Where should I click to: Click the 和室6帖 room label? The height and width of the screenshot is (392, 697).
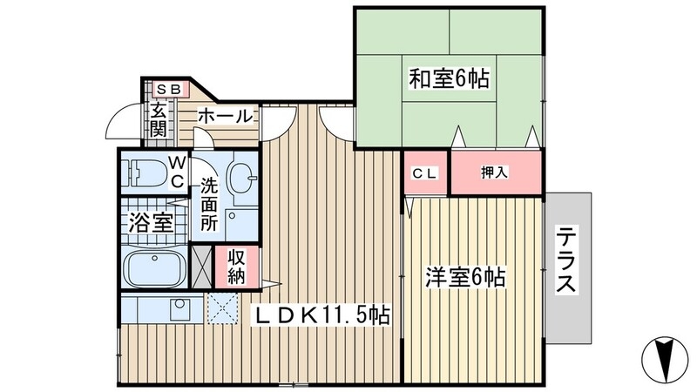(449, 79)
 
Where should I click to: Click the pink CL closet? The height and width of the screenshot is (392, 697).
(424, 172)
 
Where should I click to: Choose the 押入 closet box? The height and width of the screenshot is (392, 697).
(495, 172)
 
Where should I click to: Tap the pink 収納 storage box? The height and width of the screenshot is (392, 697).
(236, 267)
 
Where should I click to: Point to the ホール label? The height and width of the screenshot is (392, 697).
(225, 116)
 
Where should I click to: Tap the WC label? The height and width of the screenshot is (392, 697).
(176, 172)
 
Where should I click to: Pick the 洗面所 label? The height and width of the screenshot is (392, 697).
(210, 204)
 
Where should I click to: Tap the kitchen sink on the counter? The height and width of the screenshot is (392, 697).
(180, 308)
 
